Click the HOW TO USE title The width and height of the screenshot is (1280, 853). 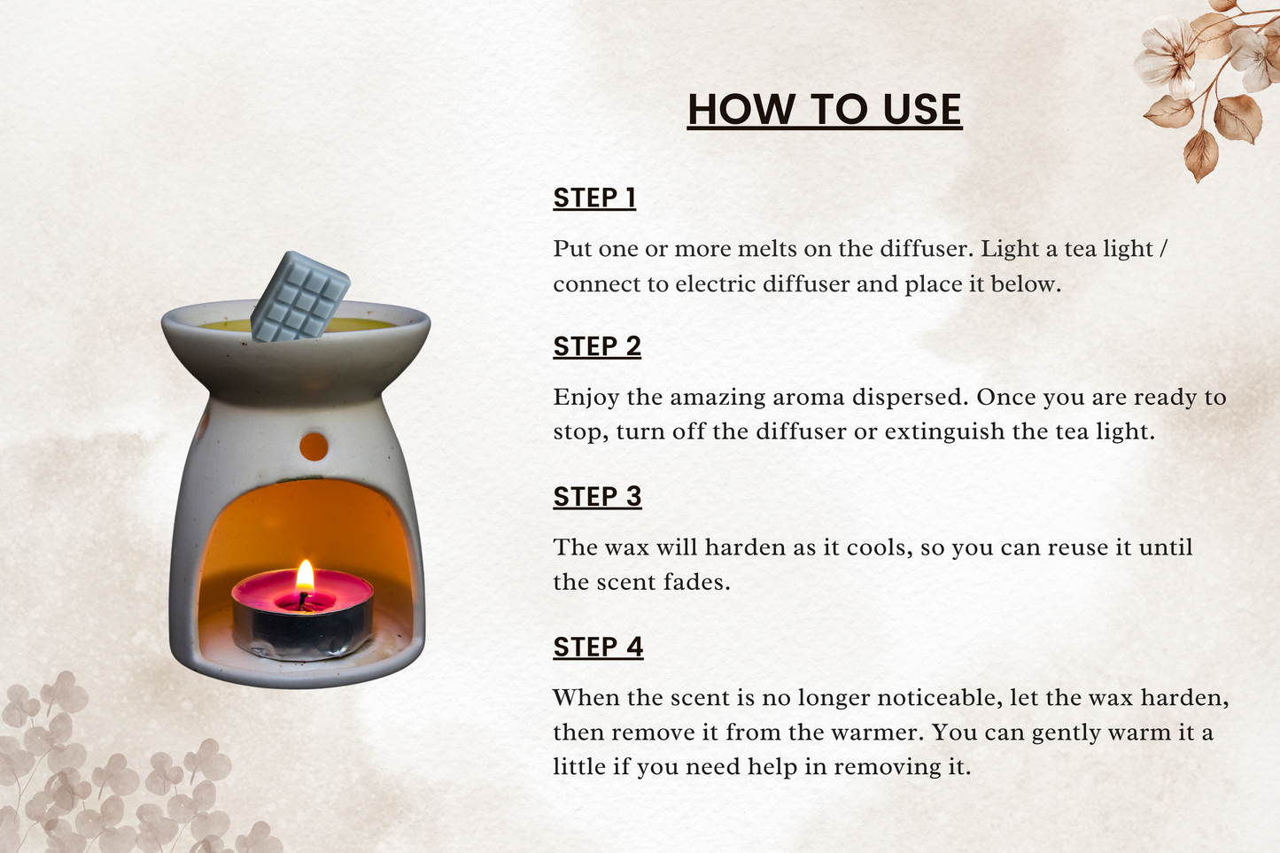825,109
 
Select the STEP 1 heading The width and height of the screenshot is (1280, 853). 594,198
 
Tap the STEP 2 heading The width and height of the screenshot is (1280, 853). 597,346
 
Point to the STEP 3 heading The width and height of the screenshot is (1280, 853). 597,497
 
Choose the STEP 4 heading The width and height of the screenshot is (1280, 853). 598,647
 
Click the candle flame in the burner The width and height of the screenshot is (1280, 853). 305,576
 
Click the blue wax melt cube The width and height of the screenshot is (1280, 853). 300,297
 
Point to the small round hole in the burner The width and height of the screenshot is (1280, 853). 314,446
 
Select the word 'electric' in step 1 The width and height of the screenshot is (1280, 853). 716,284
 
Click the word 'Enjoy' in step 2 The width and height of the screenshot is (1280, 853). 586,399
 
